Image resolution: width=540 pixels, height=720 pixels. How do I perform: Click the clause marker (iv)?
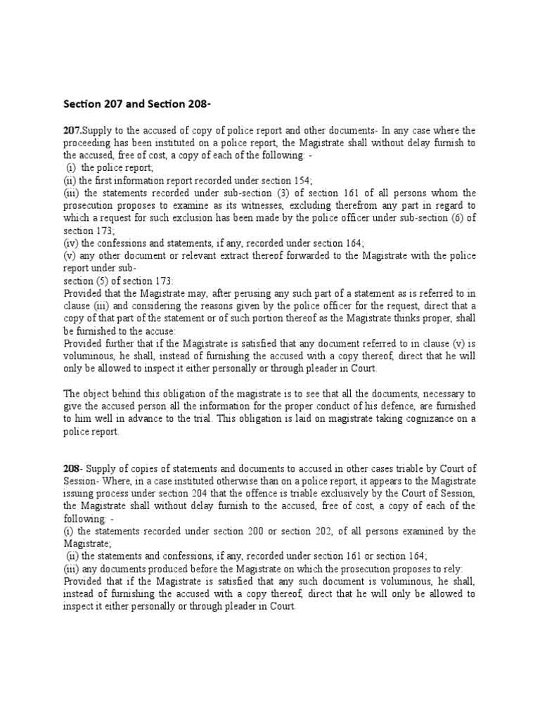click(72, 243)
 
